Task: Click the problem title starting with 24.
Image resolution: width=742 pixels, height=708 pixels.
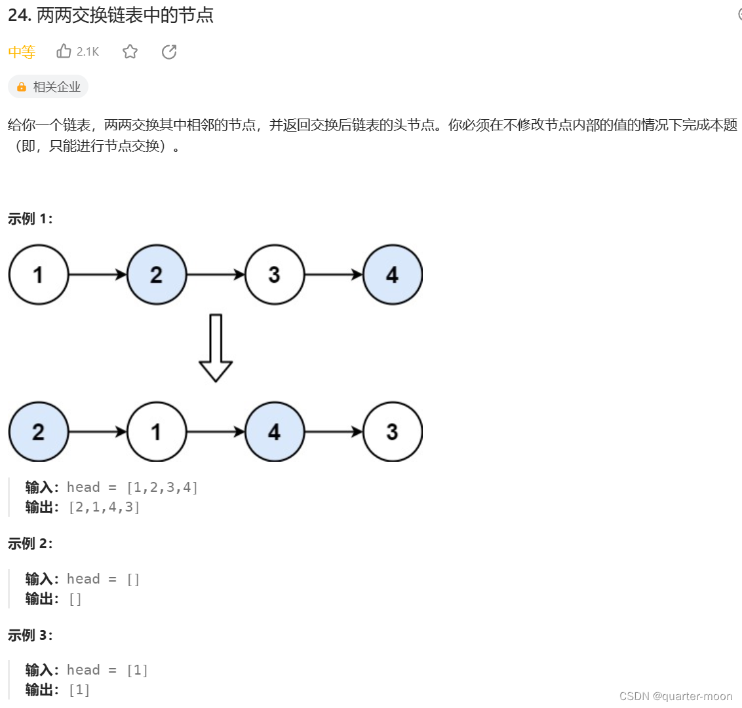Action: click(x=111, y=16)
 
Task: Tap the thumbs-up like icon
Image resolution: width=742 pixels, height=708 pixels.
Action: click(x=64, y=51)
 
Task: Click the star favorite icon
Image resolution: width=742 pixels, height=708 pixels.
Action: click(x=130, y=52)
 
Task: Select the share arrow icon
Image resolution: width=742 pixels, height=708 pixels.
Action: click(x=169, y=52)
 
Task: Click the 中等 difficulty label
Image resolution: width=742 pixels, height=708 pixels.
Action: click(x=22, y=52)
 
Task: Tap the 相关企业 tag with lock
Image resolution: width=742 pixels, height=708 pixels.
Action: click(x=49, y=86)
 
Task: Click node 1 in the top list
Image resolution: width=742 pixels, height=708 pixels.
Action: click(x=39, y=274)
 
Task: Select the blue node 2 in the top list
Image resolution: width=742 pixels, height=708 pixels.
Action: click(x=157, y=274)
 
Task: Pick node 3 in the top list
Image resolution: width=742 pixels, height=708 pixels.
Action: click(x=275, y=274)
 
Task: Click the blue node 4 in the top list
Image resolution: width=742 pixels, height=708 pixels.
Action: click(x=392, y=274)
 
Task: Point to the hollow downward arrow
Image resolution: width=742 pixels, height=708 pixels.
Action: click(x=215, y=348)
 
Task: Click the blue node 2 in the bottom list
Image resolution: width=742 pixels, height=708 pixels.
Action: click(x=39, y=432)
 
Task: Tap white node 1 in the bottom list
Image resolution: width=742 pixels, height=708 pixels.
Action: click(x=157, y=432)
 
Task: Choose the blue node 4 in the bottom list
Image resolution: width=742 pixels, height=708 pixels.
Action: click(x=275, y=432)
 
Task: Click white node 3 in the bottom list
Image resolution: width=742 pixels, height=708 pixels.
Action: click(x=392, y=432)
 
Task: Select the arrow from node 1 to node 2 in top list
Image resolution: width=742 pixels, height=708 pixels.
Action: click(x=98, y=274)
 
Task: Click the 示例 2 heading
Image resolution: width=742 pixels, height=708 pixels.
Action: click(x=30, y=544)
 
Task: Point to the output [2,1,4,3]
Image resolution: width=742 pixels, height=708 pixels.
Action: click(x=104, y=507)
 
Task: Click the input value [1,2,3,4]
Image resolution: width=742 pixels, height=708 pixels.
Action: click(x=162, y=487)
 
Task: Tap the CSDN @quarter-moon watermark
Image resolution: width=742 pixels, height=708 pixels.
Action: click(x=676, y=696)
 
